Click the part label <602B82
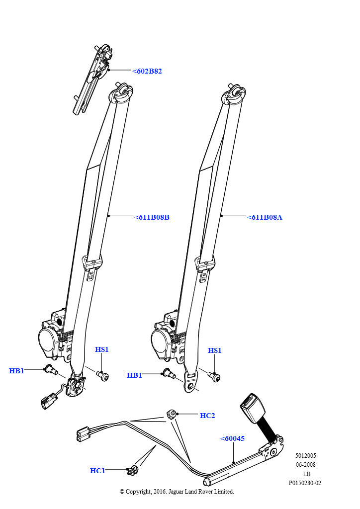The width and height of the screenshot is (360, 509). click(147, 71)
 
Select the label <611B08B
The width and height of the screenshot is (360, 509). click(152, 217)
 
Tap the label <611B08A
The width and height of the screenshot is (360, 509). click(265, 217)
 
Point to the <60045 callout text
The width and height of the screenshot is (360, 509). click(232, 438)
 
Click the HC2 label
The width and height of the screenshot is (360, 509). click(207, 416)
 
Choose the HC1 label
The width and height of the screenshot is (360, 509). click(97, 471)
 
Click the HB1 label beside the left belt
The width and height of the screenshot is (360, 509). click(16, 371)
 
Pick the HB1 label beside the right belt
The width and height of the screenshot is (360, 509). click(134, 375)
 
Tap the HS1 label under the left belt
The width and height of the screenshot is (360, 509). click(102, 350)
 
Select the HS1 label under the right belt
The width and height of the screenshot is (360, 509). click(214, 351)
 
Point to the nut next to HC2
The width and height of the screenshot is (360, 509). click(171, 414)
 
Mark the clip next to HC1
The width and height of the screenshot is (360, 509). click(132, 469)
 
